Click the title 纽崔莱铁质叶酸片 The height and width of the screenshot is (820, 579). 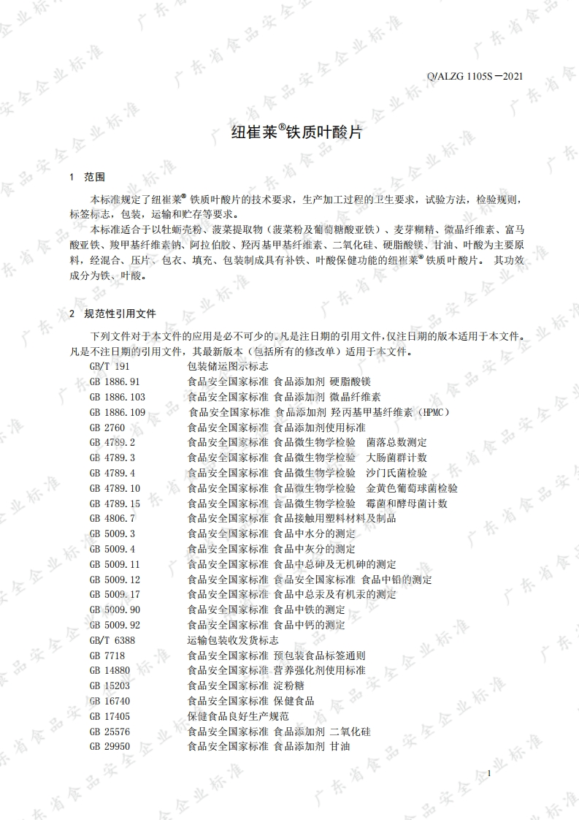289,134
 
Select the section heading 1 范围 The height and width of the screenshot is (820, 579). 88,177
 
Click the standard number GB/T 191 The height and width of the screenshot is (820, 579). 110,366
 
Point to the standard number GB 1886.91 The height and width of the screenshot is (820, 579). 115,381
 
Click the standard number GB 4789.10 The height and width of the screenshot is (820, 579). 115,488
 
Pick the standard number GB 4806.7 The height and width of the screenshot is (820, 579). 112,518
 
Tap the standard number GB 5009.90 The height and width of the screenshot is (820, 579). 115,610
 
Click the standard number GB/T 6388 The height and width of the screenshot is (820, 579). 112,639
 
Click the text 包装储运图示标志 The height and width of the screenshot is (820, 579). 228,366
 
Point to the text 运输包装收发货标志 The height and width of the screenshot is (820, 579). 233,639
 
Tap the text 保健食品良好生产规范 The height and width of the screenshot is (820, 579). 238,716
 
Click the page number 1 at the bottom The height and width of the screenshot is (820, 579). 488,773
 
